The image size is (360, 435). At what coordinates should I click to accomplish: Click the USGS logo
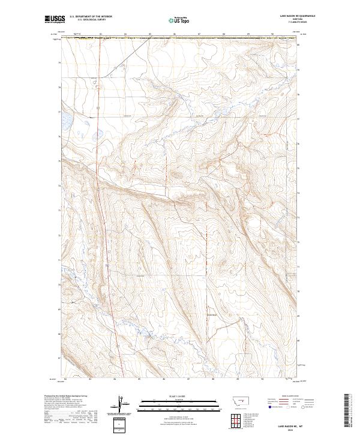(x=55, y=20)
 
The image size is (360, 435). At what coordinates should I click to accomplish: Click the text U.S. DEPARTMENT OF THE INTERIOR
(x=91, y=18)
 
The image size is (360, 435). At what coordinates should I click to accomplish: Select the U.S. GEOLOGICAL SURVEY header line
(x=91, y=21)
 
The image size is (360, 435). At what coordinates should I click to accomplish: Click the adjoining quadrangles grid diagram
(x=236, y=419)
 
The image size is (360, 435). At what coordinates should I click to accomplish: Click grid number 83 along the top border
(x=100, y=34)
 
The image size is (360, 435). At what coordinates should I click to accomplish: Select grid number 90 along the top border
(x=272, y=34)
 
